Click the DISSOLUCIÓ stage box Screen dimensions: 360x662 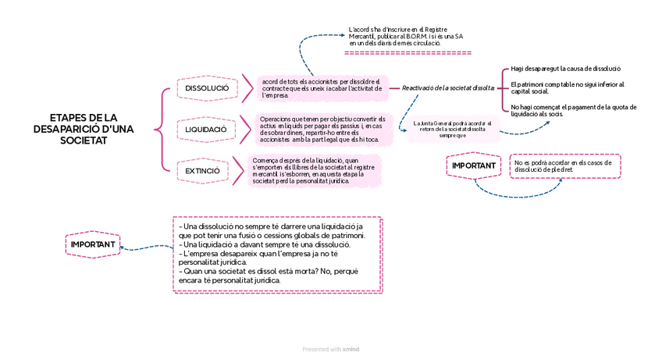pos(208,89)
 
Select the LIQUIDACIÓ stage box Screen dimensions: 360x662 pos(206,129)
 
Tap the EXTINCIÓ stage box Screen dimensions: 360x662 pos(202,170)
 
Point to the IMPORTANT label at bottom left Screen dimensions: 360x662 pos(93,244)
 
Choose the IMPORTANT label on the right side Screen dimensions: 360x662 pos(474,166)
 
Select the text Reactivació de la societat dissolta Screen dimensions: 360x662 pos(448,87)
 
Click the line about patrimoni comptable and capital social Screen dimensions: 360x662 pos(568,87)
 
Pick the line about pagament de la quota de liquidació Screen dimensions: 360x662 pos(573,110)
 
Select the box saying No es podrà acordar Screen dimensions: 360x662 pos(565,166)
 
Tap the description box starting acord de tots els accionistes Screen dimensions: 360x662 pos(322,88)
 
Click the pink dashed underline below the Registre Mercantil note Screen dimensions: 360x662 pos(408,53)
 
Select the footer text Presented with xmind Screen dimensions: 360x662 pos(336,349)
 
